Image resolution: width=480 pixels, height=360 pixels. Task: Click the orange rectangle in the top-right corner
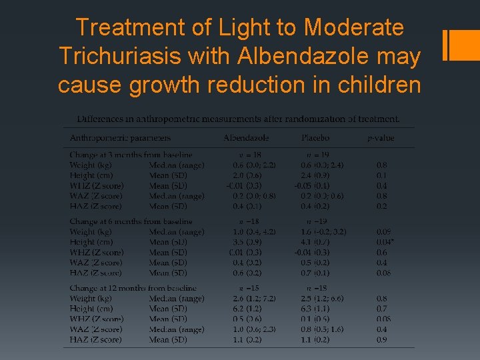click(460, 45)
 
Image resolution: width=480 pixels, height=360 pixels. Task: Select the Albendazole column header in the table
click(246, 138)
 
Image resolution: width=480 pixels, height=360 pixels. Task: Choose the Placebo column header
click(315, 138)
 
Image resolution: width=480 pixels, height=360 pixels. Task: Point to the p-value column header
click(381, 138)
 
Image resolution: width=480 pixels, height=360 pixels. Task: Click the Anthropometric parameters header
click(120, 138)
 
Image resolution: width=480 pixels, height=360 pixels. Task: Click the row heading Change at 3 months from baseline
click(131, 155)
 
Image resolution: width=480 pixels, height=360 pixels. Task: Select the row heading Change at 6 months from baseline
click(131, 221)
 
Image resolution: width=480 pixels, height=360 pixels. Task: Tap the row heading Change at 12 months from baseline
click(133, 288)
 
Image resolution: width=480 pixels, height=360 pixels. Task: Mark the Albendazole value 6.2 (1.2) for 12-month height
click(246, 309)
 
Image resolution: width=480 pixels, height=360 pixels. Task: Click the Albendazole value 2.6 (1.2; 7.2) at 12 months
click(253, 299)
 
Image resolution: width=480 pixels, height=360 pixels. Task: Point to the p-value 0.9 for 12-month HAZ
click(381, 340)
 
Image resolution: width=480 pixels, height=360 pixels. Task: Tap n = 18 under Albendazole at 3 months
click(246, 155)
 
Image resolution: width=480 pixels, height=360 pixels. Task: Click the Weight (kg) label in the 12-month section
click(91, 299)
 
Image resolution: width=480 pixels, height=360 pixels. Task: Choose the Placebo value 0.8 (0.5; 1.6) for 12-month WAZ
click(322, 329)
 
